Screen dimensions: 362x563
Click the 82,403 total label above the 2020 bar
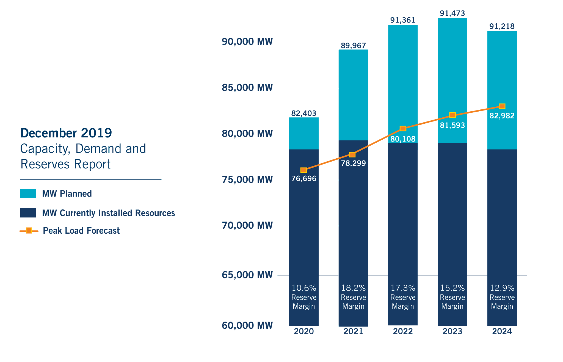coord(303,113)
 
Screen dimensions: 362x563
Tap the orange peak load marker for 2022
coord(403,128)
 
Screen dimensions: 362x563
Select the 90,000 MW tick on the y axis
coord(247,42)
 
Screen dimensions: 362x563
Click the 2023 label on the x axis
coord(452,331)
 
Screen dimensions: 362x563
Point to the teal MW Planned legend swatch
coord(28,194)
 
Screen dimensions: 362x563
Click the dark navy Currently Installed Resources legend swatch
coord(28,213)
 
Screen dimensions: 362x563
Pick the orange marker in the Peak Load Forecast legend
coord(29,231)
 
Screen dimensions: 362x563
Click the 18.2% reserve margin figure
coord(353,288)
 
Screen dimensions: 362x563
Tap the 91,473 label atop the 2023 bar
coord(452,13)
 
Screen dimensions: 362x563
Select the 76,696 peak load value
coord(303,179)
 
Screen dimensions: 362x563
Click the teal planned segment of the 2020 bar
coord(303,133)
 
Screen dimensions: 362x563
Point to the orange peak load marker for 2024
coord(502,106)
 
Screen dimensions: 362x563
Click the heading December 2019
coord(66,133)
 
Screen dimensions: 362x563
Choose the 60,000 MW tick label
coord(247,325)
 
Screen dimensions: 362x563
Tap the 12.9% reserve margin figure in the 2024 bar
coord(502,288)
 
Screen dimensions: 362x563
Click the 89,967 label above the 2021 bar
coord(353,45)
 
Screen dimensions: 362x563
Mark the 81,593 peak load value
coord(452,125)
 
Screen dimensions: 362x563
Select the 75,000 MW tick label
coord(247,180)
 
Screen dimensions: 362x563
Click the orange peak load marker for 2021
coord(352,154)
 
